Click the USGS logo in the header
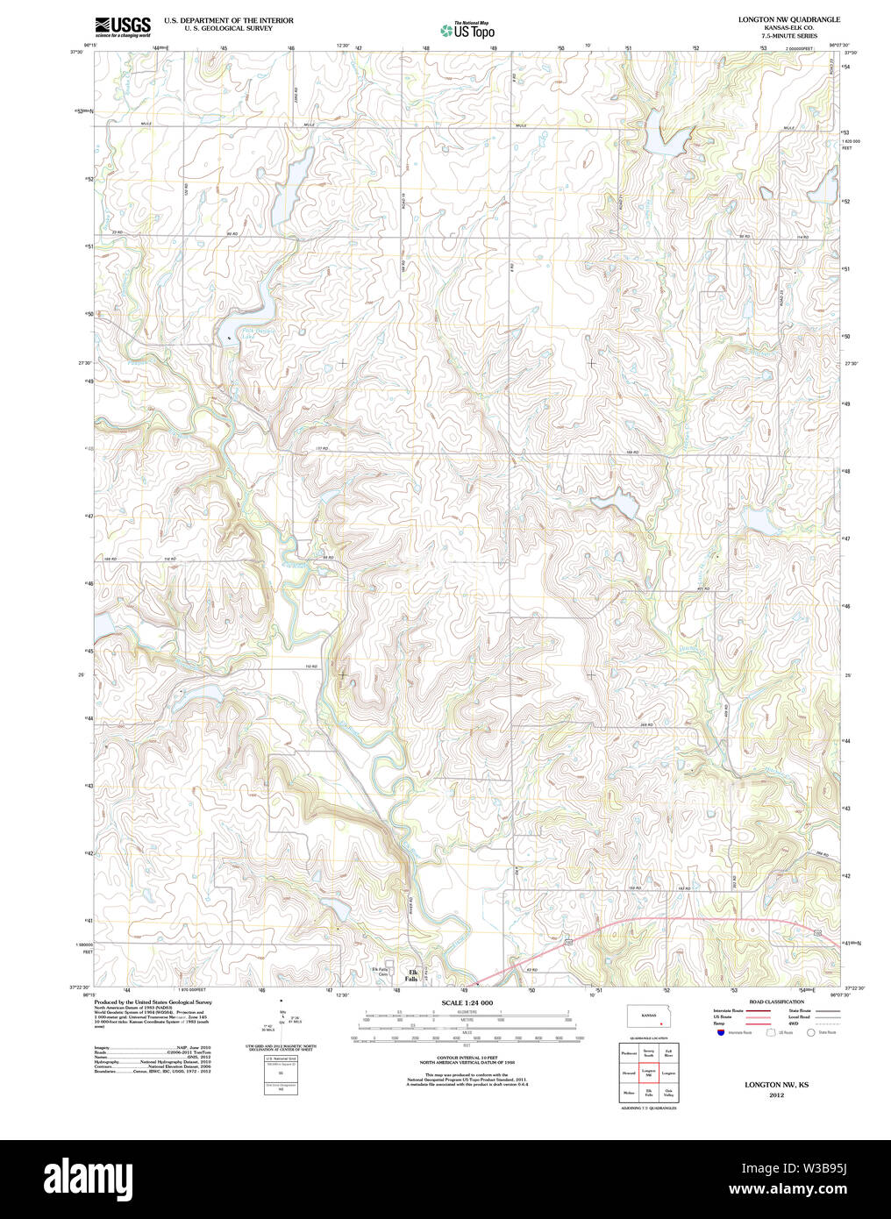(x=123, y=25)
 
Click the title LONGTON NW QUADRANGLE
(x=776, y=19)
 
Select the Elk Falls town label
(x=410, y=975)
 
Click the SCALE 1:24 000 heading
(x=467, y=1002)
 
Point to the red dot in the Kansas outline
(x=659, y=1023)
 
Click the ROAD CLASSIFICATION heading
(x=776, y=1002)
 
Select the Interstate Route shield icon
(x=721, y=1032)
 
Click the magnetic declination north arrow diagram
(x=281, y=1017)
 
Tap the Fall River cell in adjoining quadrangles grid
(x=668, y=1051)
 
